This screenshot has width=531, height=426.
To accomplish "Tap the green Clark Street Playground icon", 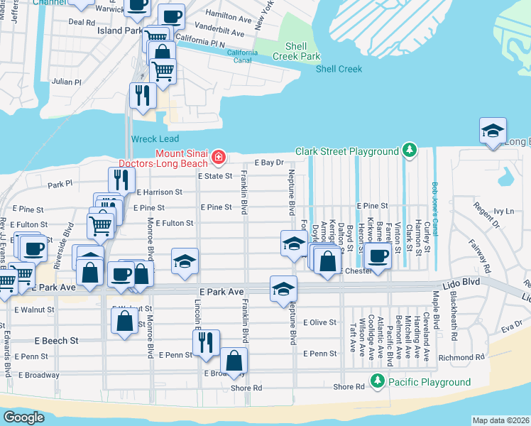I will pyautogui.click(x=408, y=151).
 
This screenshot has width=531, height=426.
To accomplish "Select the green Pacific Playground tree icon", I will pyautogui.click(x=378, y=382).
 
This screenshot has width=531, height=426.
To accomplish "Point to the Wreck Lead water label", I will pyautogui.click(x=155, y=139).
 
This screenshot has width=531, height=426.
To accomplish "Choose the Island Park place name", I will pyautogui.click(x=119, y=31).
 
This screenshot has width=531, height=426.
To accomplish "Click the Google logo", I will pyautogui.click(x=24, y=417).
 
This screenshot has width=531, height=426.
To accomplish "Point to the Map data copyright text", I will pyautogui.click(x=500, y=420).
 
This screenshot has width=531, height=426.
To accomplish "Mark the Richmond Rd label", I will pyautogui.click(x=461, y=358).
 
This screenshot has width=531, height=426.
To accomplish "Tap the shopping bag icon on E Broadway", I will pyautogui.click(x=234, y=361).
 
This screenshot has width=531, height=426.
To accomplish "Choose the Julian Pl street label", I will pyautogui.click(x=67, y=82).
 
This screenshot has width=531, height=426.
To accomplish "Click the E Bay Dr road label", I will pyautogui.click(x=269, y=163).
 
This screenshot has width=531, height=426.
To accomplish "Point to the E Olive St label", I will pyautogui.click(x=319, y=322).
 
